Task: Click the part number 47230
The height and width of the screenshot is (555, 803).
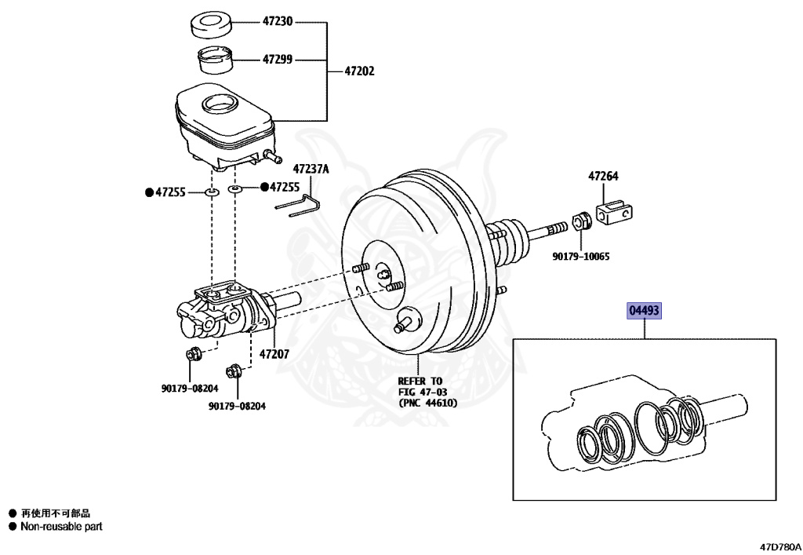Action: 277,22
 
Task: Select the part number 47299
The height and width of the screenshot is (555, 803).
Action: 277,59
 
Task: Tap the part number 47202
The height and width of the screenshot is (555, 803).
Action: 360,71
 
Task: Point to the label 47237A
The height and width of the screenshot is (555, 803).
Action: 311,169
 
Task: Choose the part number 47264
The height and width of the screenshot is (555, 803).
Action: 604,177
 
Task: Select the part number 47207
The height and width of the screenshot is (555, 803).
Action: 274,354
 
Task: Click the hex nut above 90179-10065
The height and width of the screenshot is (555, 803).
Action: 580,221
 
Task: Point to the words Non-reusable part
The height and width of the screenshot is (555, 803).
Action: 61,527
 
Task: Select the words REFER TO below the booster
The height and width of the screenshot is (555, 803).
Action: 420,381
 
